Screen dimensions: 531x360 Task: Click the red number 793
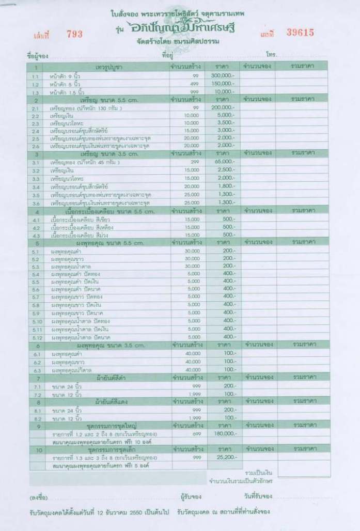tap(74, 34)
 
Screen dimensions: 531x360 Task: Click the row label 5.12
tap(36, 337)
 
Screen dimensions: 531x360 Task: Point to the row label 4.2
tap(36, 227)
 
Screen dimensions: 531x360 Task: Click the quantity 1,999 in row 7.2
tap(194, 394)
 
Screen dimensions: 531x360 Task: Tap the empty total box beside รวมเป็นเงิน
tap(304, 471)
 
